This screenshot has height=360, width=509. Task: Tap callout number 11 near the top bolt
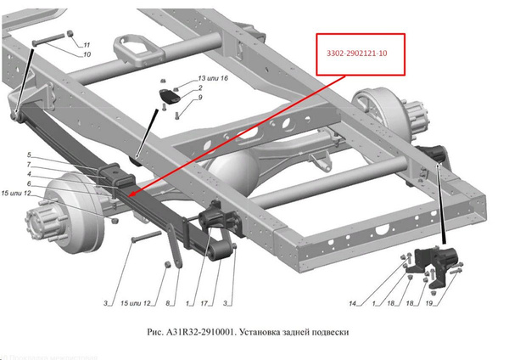click(x=87, y=44)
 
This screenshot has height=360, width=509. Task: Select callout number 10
click(x=87, y=54)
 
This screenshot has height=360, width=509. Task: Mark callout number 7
click(x=28, y=165)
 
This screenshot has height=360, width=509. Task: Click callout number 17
click(x=206, y=303)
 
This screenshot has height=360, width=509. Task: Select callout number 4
click(x=28, y=174)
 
